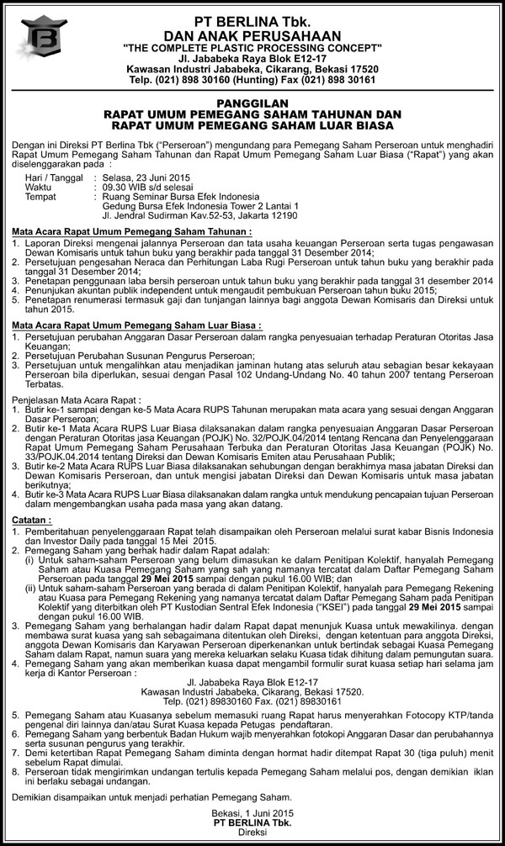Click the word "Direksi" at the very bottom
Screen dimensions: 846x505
252,835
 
